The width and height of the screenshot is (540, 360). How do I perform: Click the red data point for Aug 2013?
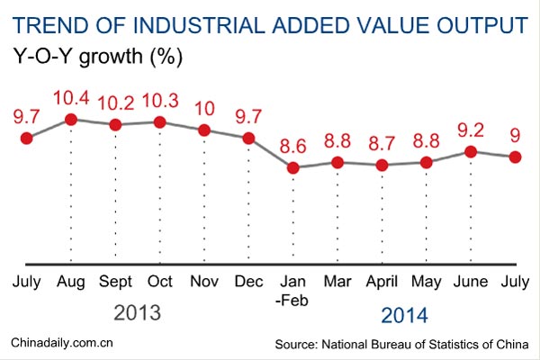click(71, 119)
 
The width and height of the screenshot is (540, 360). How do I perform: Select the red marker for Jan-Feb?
click(292, 167)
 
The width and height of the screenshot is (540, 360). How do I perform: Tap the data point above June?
click(470, 151)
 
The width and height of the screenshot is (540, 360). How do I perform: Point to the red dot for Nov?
click(204, 130)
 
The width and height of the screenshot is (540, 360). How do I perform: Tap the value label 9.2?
click(470, 128)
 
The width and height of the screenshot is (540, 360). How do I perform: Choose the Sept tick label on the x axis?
click(115, 282)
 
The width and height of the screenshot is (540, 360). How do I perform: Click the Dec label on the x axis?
click(248, 282)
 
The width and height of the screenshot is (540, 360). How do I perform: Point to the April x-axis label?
click(381, 282)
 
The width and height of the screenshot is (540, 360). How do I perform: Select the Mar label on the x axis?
click(337, 282)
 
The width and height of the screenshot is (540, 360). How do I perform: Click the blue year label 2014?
click(405, 315)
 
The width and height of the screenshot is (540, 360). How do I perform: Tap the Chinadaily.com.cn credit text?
click(61, 343)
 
